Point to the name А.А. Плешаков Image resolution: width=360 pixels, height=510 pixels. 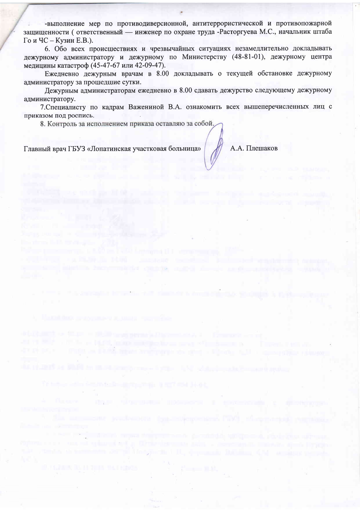(x=254, y=148)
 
